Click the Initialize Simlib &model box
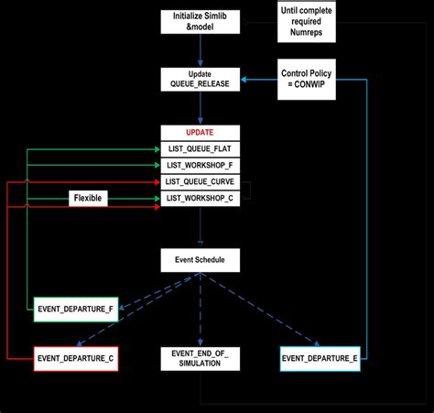pos(201,21)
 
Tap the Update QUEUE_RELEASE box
pos(201,79)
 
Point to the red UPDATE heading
pos(201,132)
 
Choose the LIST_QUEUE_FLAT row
pos(201,148)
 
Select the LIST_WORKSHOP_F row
pos(201,165)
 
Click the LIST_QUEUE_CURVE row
pos(201,182)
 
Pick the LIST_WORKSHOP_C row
pos(201,199)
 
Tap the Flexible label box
pos(90,198)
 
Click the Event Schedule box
pos(201,260)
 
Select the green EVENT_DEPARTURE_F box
pos(75,309)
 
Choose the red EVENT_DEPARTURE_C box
pos(75,357)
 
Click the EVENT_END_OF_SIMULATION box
pos(201,357)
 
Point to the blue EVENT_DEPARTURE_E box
pos(319,357)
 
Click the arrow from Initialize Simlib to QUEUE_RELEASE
pos(201,50)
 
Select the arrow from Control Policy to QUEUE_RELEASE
pos(260,80)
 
